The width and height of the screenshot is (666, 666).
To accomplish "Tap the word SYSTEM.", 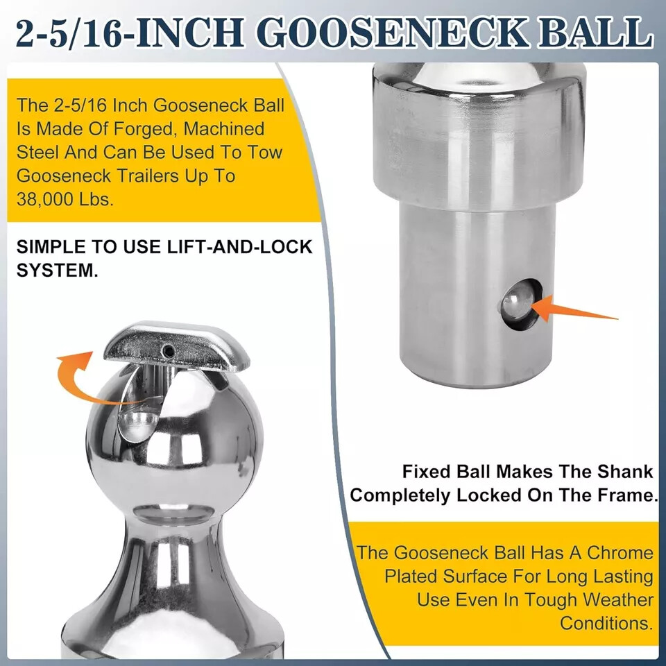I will point(57,270).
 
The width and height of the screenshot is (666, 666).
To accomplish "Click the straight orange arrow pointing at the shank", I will point(575,310).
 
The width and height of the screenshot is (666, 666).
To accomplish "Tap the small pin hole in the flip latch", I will point(168,352).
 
